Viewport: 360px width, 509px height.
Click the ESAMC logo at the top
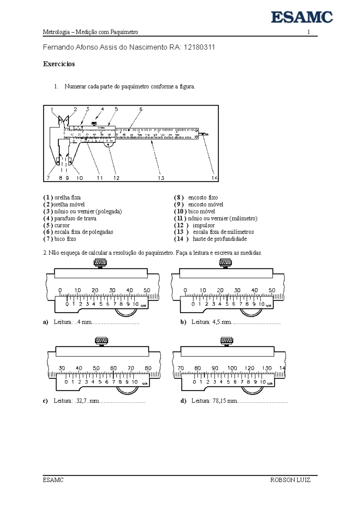click(x=302, y=17)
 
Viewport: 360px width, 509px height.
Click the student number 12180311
click(x=199, y=47)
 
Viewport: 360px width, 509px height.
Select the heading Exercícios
click(x=59, y=64)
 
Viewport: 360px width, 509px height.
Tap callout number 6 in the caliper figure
click(x=141, y=109)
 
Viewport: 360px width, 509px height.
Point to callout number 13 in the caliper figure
click(x=161, y=178)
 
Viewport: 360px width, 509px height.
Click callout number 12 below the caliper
click(x=116, y=178)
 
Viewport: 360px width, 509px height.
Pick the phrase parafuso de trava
click(x=75, y=218)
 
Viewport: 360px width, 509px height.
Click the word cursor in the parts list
click(x=62, y=225)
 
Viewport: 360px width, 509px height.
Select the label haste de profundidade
click(x=220, y=239)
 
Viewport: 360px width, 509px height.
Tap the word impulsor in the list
click(x=204, y=225)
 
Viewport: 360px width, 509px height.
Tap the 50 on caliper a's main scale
click(x=147, y=290)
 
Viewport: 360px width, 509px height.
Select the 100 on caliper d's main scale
click(x=232, y=368)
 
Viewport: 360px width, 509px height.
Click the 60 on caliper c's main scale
click(x=113, y=368)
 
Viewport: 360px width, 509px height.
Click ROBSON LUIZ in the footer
click(x=290, y=480)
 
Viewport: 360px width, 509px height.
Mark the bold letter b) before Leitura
click(x=183, y=322)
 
